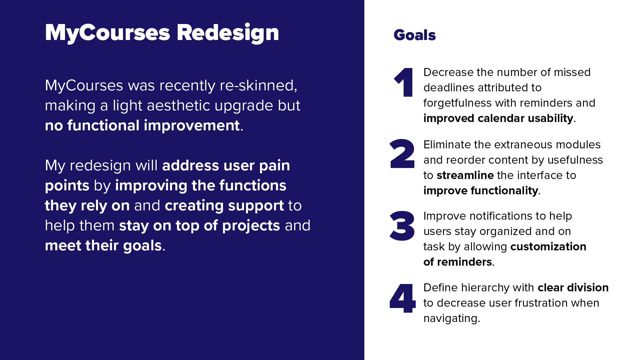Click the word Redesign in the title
click(228, 33)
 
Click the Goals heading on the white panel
click(415, 35)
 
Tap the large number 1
click(404, 82)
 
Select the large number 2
click(402, 153)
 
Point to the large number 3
click(402, 225)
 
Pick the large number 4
click(402, 298)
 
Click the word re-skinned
click(258, 85)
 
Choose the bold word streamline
click(465, 175)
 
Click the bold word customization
click(548, 246)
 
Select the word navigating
click(452, 318)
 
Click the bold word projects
click(251, 226)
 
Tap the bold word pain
click(274, 166)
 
